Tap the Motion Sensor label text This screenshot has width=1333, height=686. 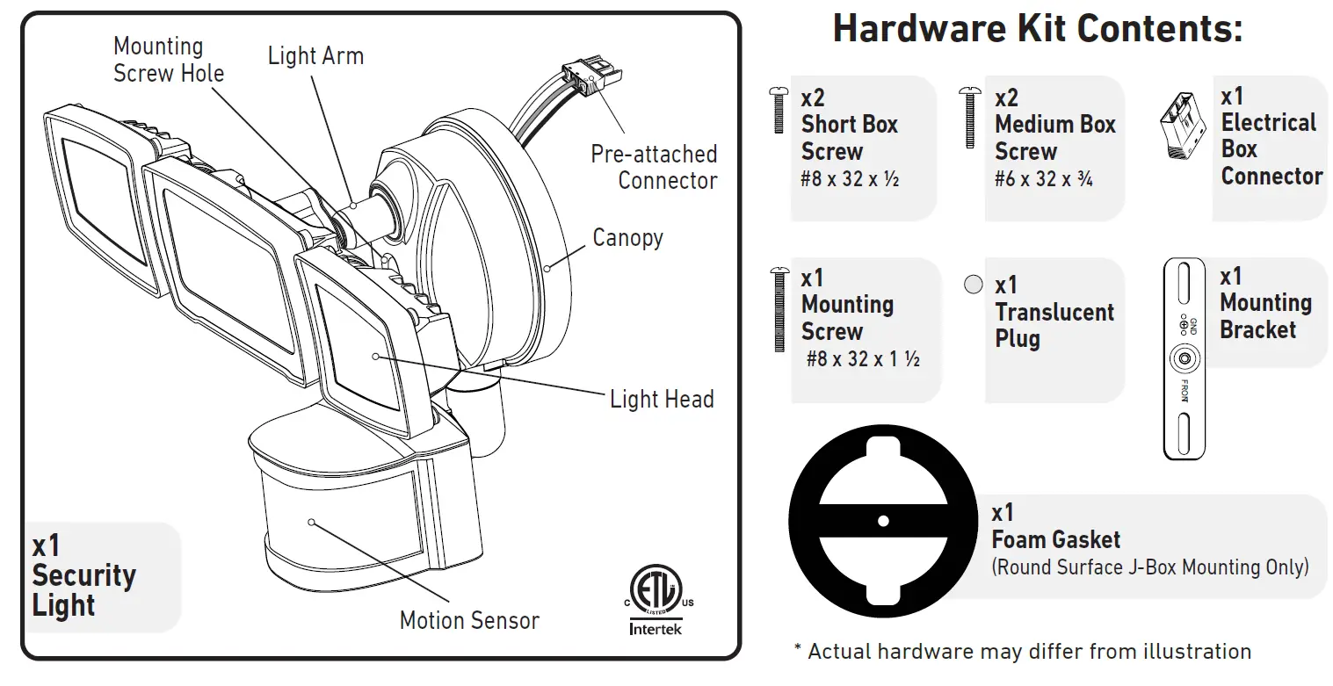pos(469,620)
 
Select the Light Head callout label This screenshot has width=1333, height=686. pos(661,399)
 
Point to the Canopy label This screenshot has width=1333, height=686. pos(627,237)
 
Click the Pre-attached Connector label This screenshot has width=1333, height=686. pos(654,167)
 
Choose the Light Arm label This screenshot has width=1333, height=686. pos(315,56)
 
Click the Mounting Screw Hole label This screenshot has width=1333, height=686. pos(169,59)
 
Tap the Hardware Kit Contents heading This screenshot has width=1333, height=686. pos(1038,29)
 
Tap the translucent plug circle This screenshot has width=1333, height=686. pos(973,285)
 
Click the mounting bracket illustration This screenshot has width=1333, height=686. pos(1184,358)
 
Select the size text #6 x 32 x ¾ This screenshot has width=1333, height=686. pos(1043,179)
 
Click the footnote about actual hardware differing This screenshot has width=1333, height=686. pos(1022,652)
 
